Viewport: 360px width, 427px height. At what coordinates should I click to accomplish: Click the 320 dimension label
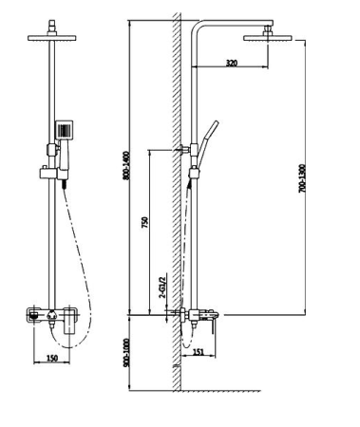tap(232, 63)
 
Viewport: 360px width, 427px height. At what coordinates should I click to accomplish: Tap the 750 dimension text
tap(144, 223)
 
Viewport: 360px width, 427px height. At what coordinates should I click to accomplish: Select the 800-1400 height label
tap(126, 166)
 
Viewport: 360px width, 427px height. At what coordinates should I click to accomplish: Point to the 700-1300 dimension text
tap(302, 178)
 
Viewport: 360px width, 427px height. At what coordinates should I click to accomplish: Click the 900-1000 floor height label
tap(126, 353)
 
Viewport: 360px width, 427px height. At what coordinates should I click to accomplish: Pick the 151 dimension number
tap(199, 352)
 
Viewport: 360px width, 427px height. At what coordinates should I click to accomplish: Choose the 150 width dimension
tap(52, 358)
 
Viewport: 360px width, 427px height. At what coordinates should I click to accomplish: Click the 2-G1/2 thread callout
tap(162, 288)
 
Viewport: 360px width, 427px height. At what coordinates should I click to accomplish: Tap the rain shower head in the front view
tap(52, 38)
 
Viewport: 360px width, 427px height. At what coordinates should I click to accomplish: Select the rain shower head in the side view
tap(267, 38)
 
